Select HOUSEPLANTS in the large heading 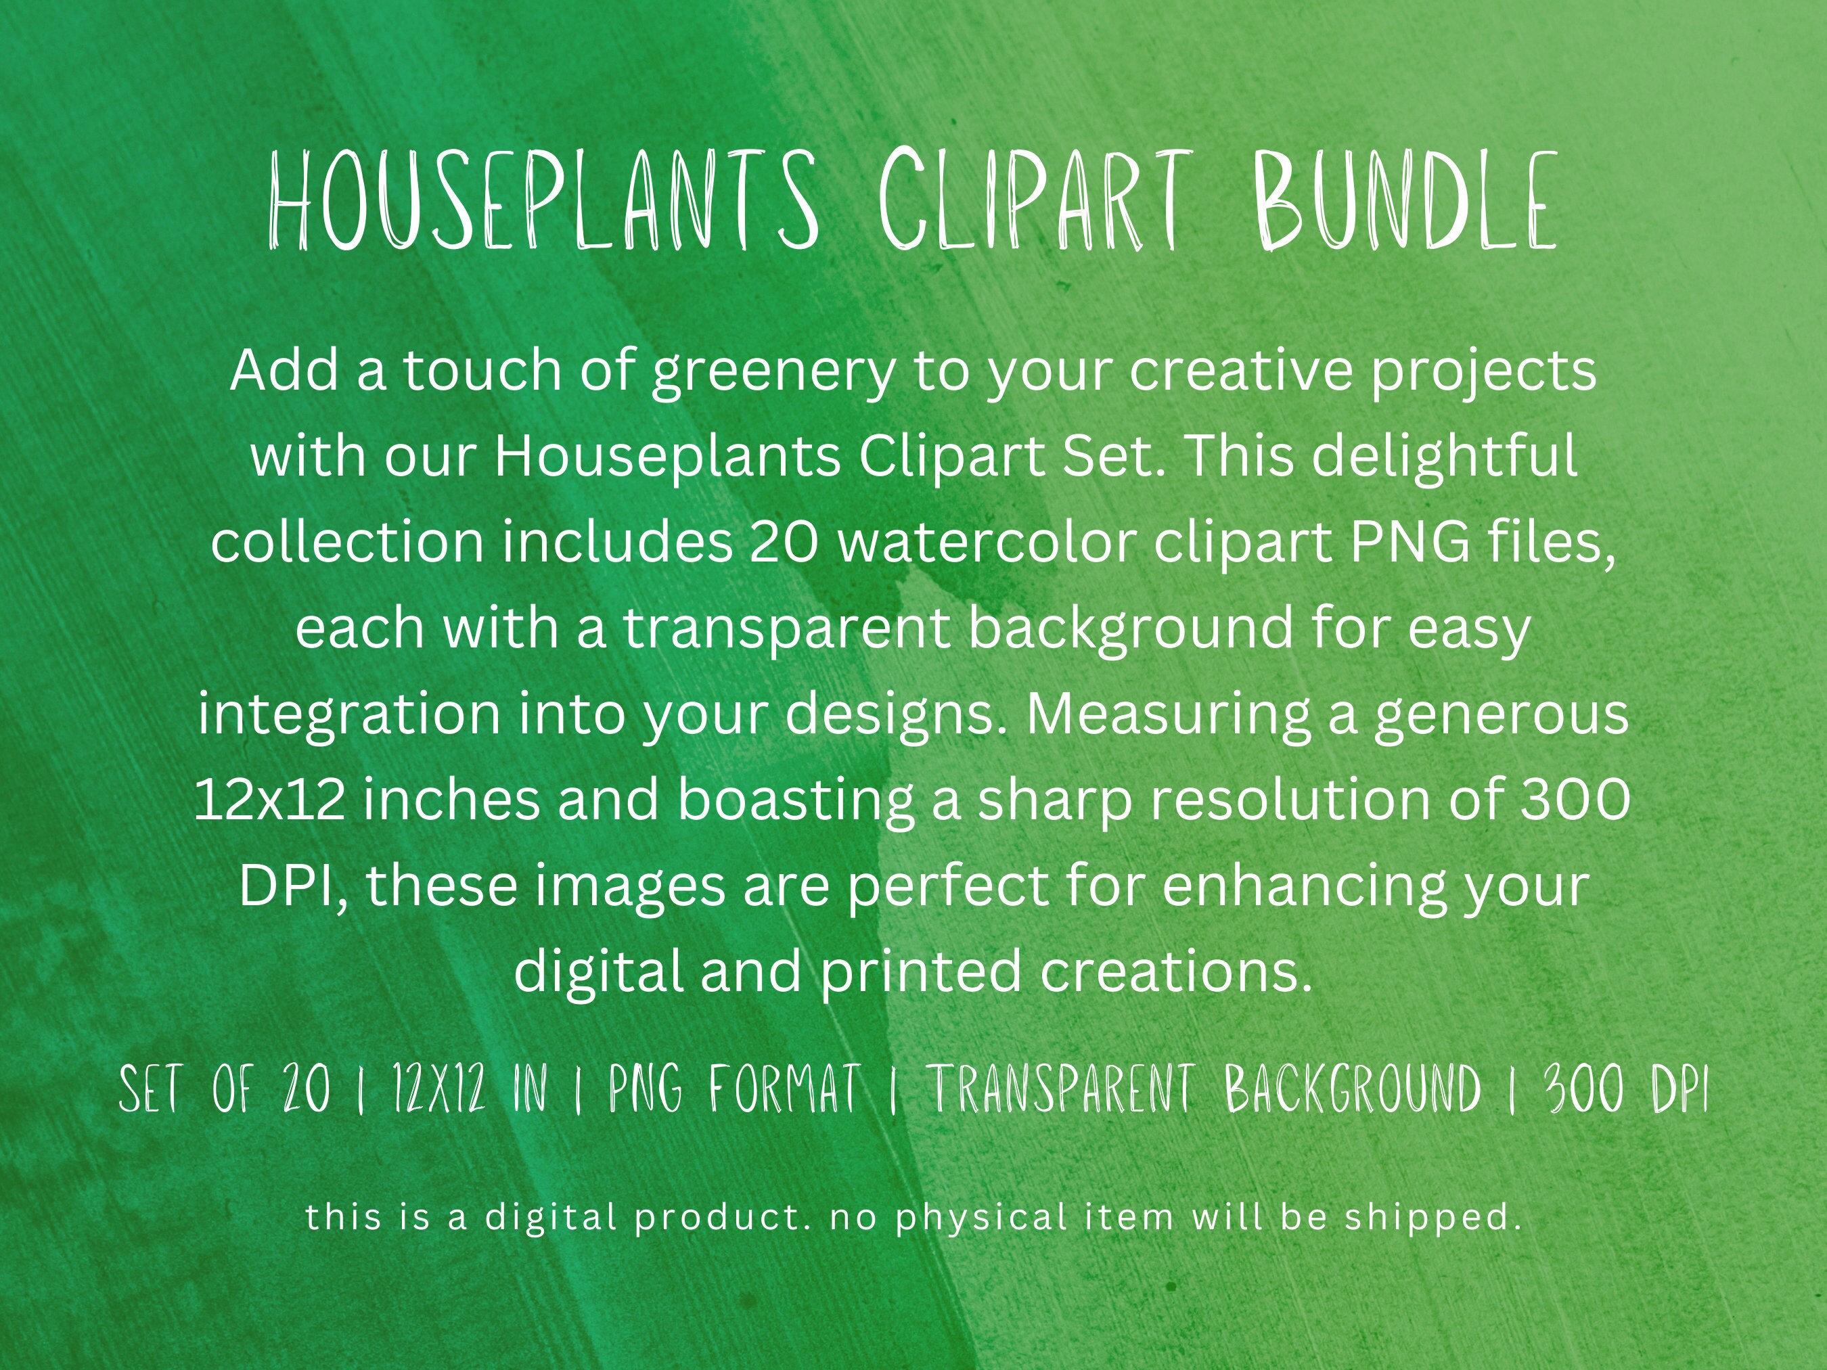(x=544, y=201)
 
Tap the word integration (x=349, y=714)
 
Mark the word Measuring (x=1167, y=714)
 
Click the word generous (x=1501, y=715)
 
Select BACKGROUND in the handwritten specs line (x=1353, y=1089)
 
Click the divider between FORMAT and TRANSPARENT (x=894, y=1091)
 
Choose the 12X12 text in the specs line (x=438, y=1089)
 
